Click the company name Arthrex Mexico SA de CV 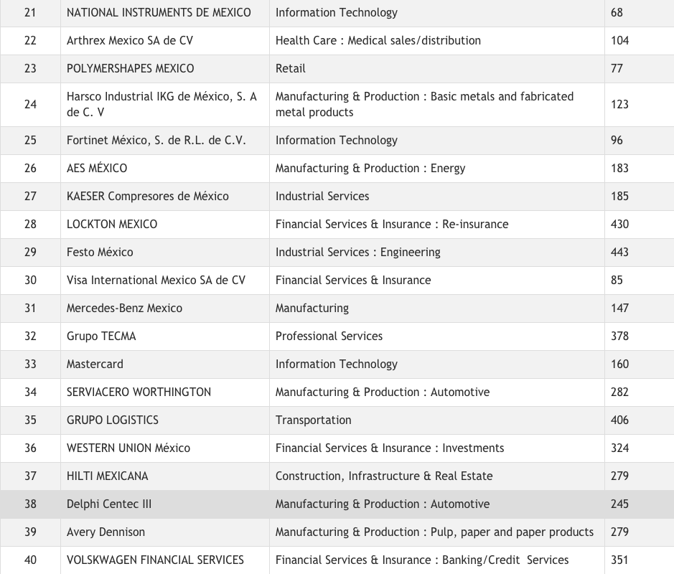[129, 40]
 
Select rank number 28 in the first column [30, 224]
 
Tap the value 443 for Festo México [619, 252]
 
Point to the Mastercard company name [95, 364]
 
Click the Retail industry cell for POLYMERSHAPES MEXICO [291, 68]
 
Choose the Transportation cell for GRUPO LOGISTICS [314, 420]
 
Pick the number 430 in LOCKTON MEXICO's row [619, 224]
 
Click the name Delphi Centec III [109, 504]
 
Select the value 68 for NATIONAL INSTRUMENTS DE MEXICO [617, 12]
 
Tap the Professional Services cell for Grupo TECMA [329, 336]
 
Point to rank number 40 [30, 560]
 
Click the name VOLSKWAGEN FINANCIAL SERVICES [155, 560]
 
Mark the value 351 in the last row [619, 560]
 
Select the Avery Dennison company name [106, 532]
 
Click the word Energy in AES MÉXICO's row [448, 168]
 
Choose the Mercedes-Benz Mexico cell [124, 308]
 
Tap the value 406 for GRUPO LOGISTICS [619, 420]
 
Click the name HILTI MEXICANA [107, 476]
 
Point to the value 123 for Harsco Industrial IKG [619, 104]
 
